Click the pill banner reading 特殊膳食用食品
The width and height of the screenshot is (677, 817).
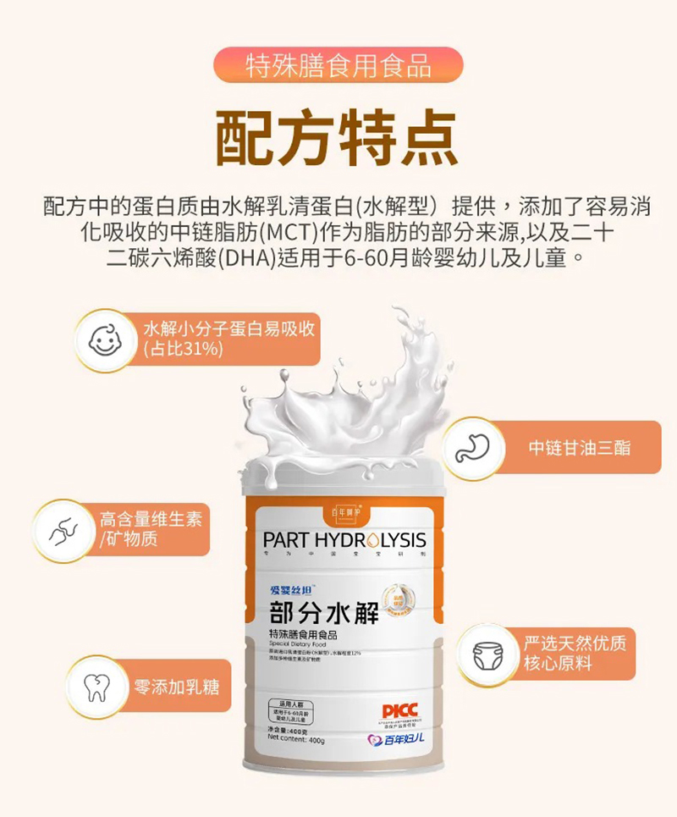coord(338,65)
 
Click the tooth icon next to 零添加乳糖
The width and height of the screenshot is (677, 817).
coord(95,686)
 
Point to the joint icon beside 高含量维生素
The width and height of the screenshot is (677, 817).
coord(63,530)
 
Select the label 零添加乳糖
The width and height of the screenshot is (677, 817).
coord(177,686)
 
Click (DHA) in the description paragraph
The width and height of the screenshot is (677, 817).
coord(248,257)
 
